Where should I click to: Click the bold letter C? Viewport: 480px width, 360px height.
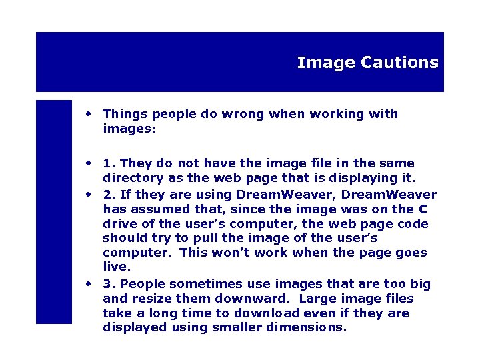click(424, 209)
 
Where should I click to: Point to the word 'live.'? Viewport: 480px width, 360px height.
click(117, 267)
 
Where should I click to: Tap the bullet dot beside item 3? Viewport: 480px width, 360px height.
click(88, 283)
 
